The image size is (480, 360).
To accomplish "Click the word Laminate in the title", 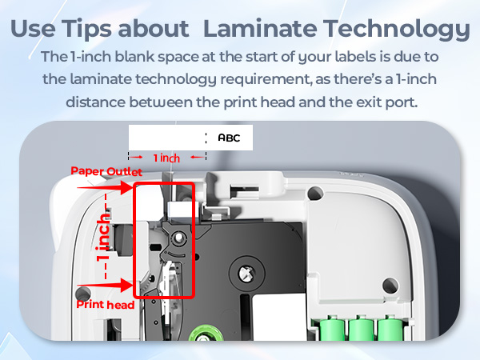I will (x=252, y=30).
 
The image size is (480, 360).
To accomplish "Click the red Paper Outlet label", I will (x=106, y=171).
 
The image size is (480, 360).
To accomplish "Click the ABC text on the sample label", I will (x=229, y=138).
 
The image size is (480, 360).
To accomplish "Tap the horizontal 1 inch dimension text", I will (x=166, y=158).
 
